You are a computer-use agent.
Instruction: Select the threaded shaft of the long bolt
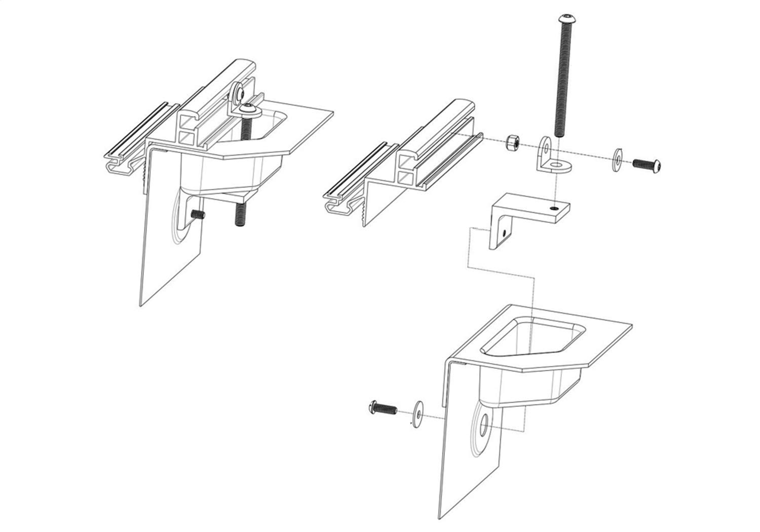562,81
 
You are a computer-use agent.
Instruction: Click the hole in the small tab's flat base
557,165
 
